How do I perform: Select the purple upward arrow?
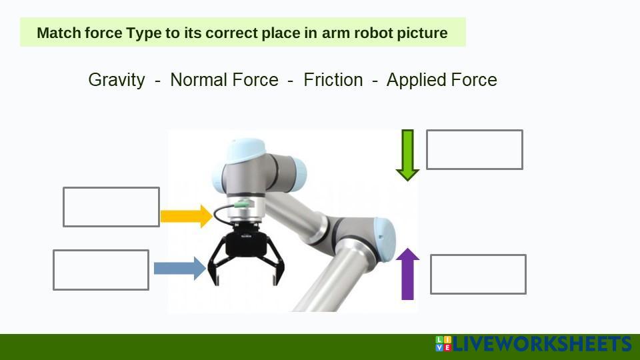[x=407, y=274]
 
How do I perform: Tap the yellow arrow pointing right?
[x=187, y=216]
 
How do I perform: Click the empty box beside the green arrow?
[x=474, y=149]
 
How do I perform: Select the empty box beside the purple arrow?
[x=478, y=274]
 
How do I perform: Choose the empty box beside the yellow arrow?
[x=111, y=207]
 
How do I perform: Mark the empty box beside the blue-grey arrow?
[x=101, y=270]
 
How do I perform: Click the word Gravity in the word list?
[x=117, y=80]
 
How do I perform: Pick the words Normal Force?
[x=224, y=80]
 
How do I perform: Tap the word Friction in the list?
[x=333, y=80]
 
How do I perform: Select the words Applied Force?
[x=441, y=80]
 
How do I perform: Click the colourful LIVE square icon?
[x=443, y=344]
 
